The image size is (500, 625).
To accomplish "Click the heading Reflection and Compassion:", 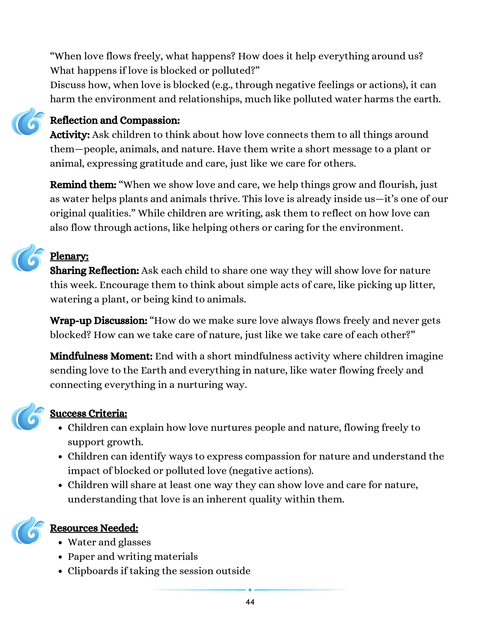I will pos(115,120).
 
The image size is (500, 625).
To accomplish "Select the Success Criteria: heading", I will pos(88,413).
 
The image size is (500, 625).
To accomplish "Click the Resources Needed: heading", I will pos(94,528).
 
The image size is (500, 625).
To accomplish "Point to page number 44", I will pos(250,602).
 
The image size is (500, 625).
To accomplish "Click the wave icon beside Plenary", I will pos(27,258).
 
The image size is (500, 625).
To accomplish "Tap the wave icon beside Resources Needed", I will pos(27,530).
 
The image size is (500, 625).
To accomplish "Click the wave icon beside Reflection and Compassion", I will pos(27,122).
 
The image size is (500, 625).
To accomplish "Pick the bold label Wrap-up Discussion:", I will pos(99,321).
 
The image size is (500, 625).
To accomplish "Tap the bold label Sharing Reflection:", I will pos(95,270).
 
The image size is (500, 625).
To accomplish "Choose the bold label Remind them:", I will pos(83,185).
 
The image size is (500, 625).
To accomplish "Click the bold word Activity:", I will pos(70,135).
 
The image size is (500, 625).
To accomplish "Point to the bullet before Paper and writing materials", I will pos(60,557).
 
